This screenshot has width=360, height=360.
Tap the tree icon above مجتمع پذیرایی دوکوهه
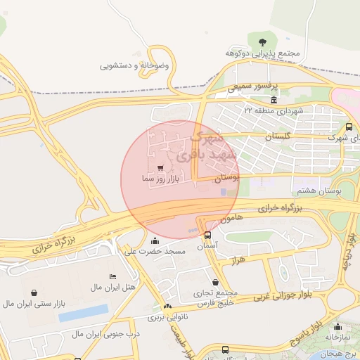262,41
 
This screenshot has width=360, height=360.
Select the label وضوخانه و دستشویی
135,65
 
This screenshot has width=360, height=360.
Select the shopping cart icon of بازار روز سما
161,168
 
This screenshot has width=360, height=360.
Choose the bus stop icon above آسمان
207,235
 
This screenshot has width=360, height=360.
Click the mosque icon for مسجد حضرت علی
155,241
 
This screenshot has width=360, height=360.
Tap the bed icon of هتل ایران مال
113,276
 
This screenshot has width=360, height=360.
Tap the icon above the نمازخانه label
338,326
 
